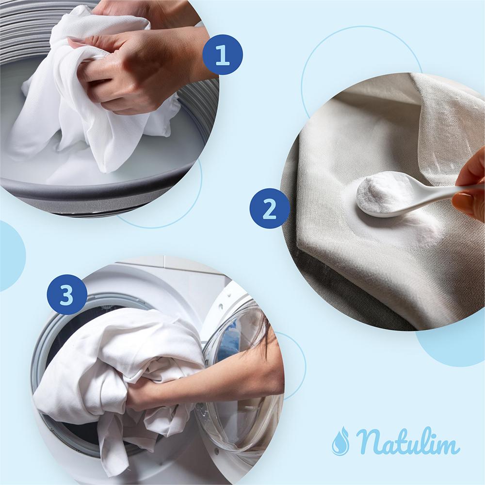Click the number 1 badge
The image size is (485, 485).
coord(223,54)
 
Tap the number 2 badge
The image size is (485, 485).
coord(270,209)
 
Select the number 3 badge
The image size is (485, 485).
coord(67,294)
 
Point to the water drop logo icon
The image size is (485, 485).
coord(340,441)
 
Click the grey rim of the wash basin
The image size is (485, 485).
coord(102,194)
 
